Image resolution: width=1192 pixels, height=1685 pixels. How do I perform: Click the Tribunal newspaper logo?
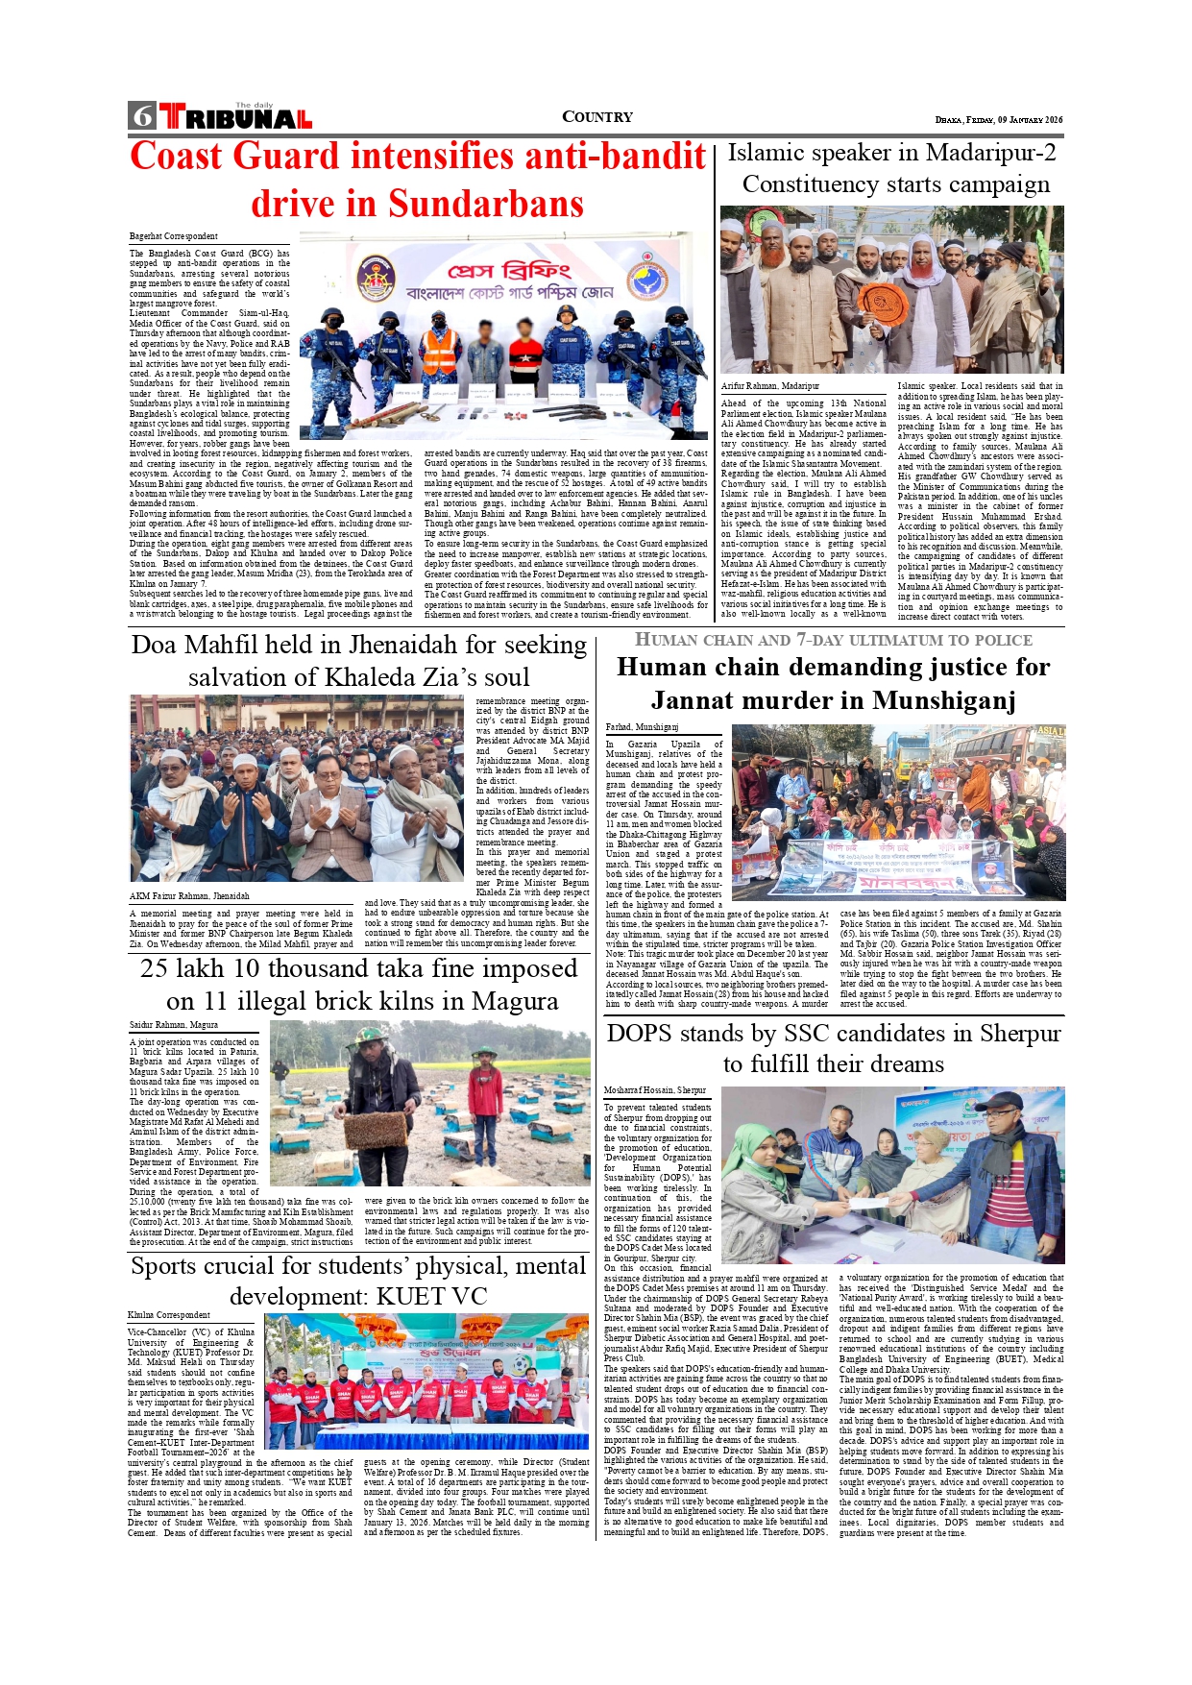click(236, 117)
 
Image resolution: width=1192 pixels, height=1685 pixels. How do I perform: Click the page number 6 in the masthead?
click(142, 116)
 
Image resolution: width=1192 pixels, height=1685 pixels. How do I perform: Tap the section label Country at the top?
click(596, 117)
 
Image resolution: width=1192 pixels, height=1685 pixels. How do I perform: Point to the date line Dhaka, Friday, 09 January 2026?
click(999, 120)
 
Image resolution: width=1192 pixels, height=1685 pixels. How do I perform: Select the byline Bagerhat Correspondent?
click(174, 236)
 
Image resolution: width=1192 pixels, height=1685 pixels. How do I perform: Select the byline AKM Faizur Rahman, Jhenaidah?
click(189, 896)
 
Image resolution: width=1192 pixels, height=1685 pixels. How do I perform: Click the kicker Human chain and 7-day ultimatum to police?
click(834, 640)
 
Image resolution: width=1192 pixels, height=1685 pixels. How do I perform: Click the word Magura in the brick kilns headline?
click(506, 1001)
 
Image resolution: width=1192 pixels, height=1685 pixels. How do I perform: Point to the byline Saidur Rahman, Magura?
click(174, 1025)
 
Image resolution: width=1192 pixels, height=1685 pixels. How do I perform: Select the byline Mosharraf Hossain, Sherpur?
click(655, 1091)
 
